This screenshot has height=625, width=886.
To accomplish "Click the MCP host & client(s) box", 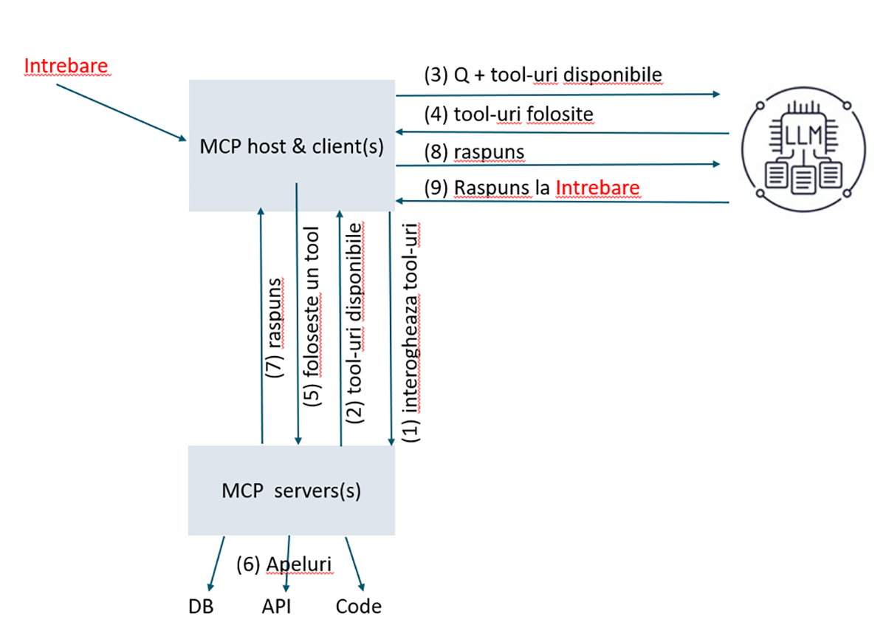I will (x=292, y=146).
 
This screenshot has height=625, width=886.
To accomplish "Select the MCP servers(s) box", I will (x=292, y=491).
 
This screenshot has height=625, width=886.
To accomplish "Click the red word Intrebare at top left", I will (x=66, y=66).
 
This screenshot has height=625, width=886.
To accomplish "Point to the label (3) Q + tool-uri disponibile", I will (x=543, y=75).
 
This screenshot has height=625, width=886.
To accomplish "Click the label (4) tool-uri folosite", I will (x=509, y=115).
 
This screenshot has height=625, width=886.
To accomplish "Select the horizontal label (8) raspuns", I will (x=474, y=152).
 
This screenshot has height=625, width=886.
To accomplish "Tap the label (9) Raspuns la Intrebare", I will (x=532, y=188).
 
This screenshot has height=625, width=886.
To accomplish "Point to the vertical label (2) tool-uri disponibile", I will (x=356, y=321).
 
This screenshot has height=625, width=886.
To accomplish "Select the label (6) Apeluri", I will (x=284, y=564).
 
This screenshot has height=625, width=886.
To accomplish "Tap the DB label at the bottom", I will (x=201, y=607).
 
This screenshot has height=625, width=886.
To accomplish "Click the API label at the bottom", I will (x=276, y=607).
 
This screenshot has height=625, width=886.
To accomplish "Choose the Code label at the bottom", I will (x=359, y=607).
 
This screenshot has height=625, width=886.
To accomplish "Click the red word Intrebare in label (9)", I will (x=597, y=188).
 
